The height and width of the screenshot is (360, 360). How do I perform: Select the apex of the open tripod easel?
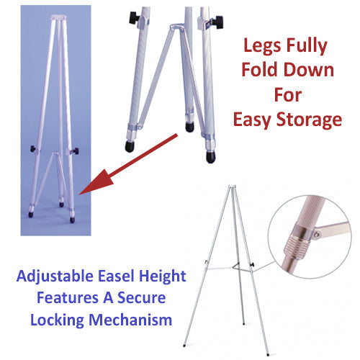(x=231, y=189)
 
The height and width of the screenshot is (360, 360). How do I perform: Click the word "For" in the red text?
(x=287, y=96)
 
